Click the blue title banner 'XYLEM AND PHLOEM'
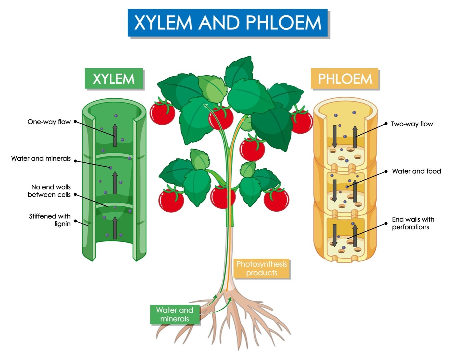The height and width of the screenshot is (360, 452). pos(228,23)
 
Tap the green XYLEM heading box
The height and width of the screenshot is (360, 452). pos(114,79)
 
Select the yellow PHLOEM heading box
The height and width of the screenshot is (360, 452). pos(345,79)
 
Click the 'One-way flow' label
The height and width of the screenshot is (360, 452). pos(49,122)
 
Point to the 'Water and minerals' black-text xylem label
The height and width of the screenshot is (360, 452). pos(41,158)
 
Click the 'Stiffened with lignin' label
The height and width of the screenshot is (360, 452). pos(50,220)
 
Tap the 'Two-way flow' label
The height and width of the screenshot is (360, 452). pos(412,124)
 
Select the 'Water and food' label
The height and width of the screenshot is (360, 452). pos(416,171)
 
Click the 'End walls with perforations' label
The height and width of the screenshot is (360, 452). pos(413,223)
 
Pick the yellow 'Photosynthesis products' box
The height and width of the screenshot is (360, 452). pos(262,269)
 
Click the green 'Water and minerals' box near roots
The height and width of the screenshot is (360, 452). pos(174,314)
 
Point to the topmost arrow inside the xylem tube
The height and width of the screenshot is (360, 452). pos(115,135)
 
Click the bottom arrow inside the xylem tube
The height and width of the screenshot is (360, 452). pos(115,228)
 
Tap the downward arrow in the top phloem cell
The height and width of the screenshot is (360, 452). pos(335,136)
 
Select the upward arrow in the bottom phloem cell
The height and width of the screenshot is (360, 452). pos(355,235)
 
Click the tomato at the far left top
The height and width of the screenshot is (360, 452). pos(162,112)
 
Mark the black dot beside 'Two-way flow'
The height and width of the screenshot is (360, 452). pos(386,124)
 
